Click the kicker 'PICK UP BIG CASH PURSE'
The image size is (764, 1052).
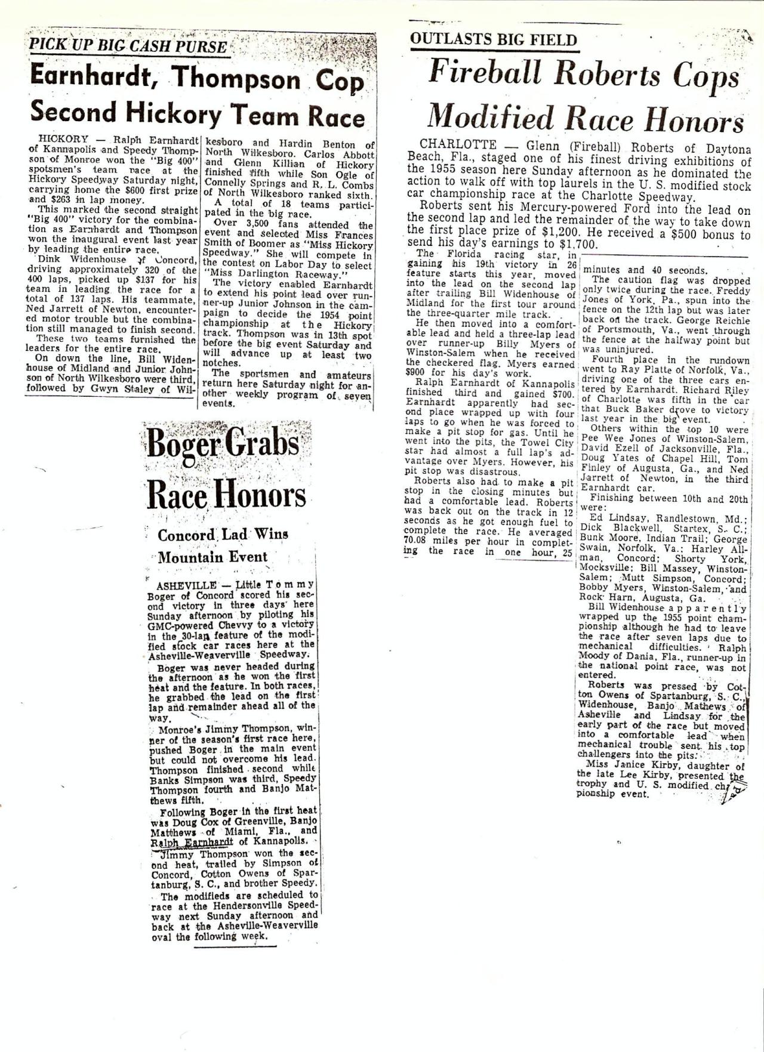click(x=128, y=46)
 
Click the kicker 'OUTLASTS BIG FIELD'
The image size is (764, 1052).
click(x=494, y=40)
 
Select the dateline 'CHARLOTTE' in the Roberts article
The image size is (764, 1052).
click(x=458, y=144)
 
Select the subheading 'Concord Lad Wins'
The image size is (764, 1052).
click(x=223, y=535)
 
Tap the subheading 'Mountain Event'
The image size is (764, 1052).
click(x=212, y=557)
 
